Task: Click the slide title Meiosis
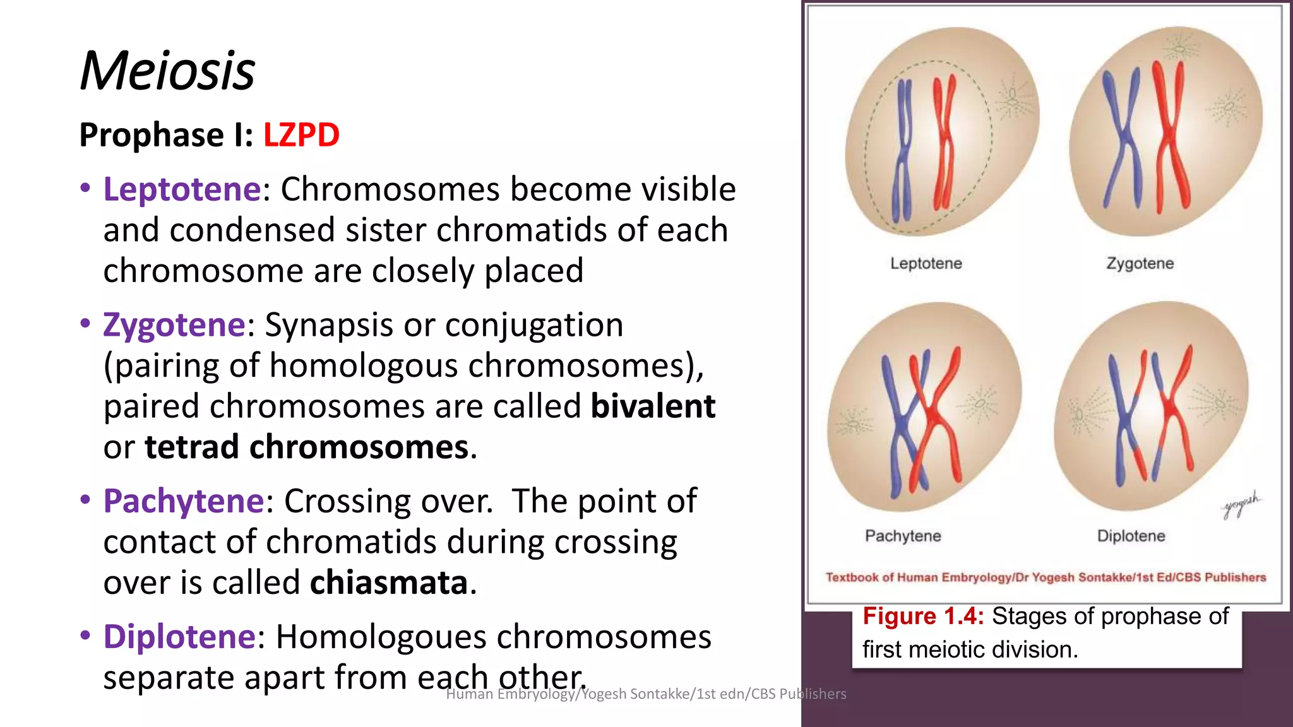pyautogui.click(x=167, y=71)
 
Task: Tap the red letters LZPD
pyautogui.click(x=301, y=135)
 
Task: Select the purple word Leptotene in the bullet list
pyautogui.click(x=182, y=189)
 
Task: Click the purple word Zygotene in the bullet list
pyautogui.click(x=174, y=325)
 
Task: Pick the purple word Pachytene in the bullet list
pyautogui.click(x=184, y=501)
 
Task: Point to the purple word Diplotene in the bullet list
pyautogui.click(x=179, y=637)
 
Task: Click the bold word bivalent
pyautogui.click(x=653, y=406)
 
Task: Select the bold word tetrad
pyautogui.click(x=192, y=447)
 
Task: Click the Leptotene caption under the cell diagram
pyautogui.click(x=926, y=263)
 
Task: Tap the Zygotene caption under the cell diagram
pyautogui.click(x=1140, y=263)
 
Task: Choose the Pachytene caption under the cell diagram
pyautogui.click(x=903, y=536)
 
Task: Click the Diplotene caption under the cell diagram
pyautogui.click(x=1131, y=536)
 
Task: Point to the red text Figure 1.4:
pyautogui.click(x=923, y=616)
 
